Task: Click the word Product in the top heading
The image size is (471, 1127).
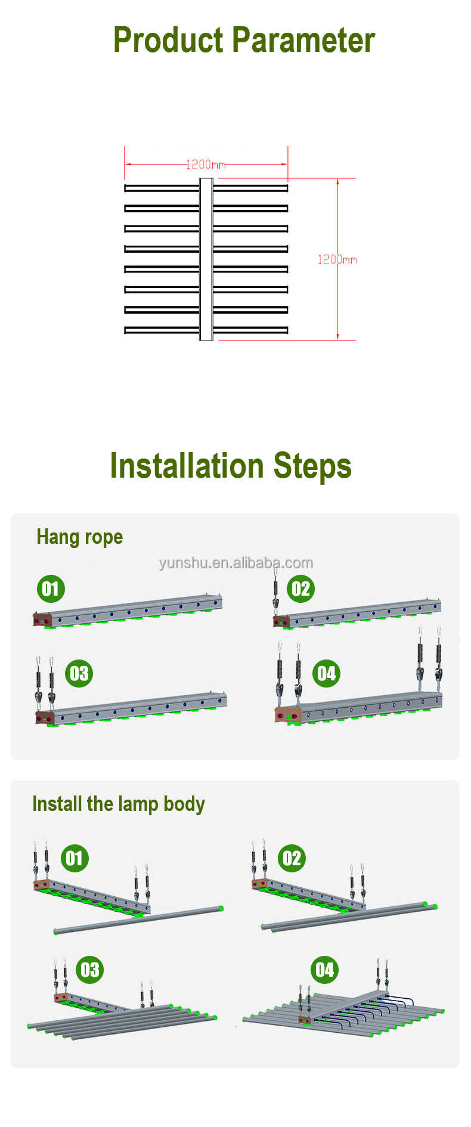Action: tap(169, 40)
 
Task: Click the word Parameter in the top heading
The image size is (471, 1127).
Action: tap(304, 40)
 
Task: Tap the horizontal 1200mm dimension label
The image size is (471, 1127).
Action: tap(206, 165)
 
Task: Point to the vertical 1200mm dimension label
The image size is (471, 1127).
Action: tap(337, 259)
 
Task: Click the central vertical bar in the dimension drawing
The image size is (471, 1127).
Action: tap(206, 259)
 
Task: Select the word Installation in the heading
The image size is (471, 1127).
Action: tap(187, 466)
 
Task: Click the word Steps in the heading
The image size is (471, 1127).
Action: tap(312, 467)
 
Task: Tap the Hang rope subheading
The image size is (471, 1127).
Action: tap(80, 537)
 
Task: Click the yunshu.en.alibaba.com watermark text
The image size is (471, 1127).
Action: tap(236, 563)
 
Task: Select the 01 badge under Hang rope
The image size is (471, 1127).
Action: tap(51, 589)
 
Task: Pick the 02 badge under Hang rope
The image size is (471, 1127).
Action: tap(300, 589)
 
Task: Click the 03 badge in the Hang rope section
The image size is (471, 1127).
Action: tap(79, 674)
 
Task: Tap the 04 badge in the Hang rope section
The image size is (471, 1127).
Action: tap(327, 674)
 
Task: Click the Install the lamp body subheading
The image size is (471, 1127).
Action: tap(119, 804)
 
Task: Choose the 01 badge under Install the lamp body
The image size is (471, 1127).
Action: tap(75, 859)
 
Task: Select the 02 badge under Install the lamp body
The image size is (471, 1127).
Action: tap(292, 859)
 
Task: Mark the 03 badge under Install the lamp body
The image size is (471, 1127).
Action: tap(90, 970)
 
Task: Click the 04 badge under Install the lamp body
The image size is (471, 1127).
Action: tap(325, 970)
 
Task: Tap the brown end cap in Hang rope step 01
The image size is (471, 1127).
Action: tap(42, 619)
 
